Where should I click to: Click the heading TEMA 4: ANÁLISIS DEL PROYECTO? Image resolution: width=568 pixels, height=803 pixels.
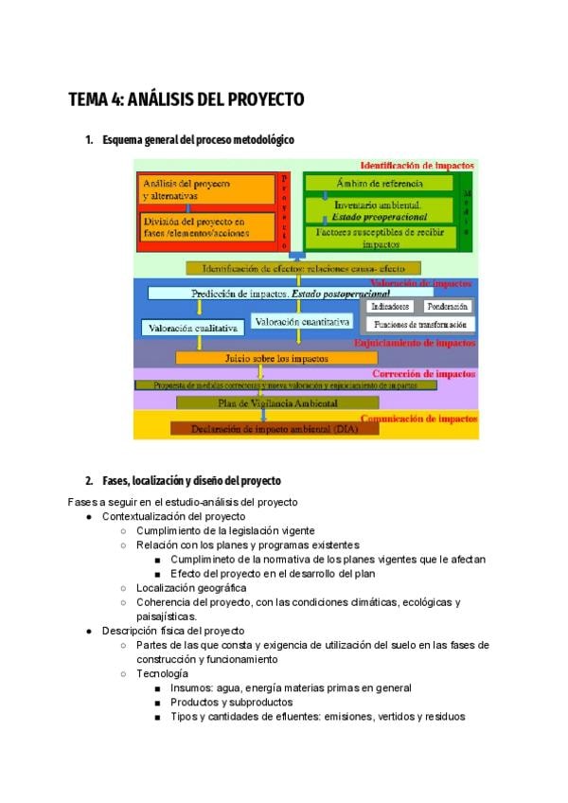[x=186, y=98]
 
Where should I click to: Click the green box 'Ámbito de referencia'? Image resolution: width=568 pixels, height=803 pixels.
[x=380, y=183]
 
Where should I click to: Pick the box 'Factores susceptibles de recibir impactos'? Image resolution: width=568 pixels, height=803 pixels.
[x=380, y=237]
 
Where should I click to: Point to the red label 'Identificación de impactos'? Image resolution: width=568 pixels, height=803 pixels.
[x=417, y=166]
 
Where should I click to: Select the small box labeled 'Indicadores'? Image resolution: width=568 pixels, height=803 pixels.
[x=391, y=307]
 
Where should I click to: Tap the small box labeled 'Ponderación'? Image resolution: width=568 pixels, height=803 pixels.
[x=447, y=307]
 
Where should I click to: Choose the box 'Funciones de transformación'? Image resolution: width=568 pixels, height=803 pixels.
[x=421, y=325]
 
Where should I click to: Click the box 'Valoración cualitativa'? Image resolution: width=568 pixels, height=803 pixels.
[x=193, y=328]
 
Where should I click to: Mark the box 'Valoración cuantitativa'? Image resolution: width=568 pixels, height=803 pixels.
[x=302, y=322]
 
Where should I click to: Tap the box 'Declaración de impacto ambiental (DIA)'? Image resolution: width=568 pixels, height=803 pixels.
[x=275, y=428]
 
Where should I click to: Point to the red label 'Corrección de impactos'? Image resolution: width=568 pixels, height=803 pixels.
[x=426, y=374]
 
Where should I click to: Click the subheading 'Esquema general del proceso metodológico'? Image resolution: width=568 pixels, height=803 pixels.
[x=198, y=140]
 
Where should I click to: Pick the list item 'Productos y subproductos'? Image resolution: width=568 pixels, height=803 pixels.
[x=231, y=702]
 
